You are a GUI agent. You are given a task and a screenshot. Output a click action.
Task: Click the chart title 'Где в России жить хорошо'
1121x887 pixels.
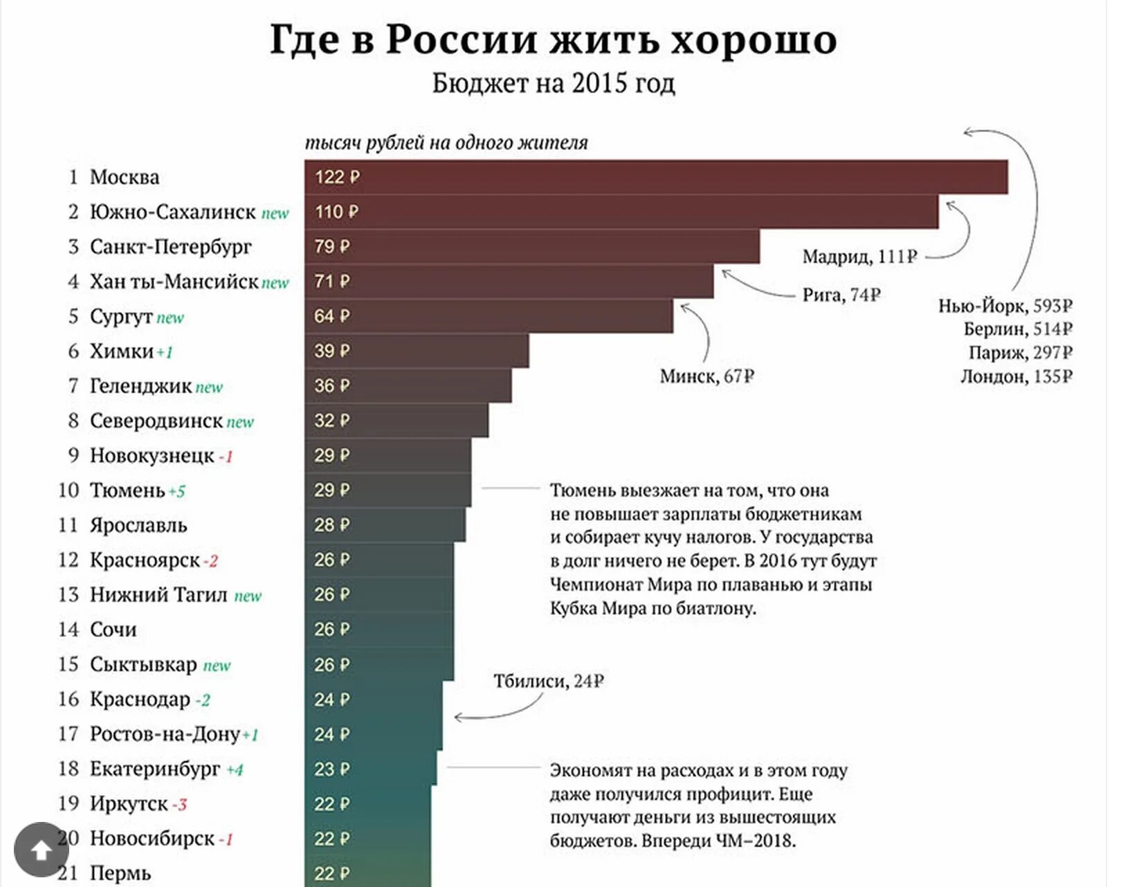(x=553, y=39)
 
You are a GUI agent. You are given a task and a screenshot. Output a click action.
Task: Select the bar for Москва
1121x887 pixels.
(x=655, y=177)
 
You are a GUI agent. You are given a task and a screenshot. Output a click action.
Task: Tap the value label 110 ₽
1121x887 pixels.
(x=336, y=212)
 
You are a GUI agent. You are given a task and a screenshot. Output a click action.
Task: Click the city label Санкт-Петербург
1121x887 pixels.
(x=170, y=247)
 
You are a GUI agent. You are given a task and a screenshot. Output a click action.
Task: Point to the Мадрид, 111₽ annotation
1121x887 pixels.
(x=859, y=257)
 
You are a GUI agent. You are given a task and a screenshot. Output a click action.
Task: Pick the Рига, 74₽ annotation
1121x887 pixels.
(x=841, y=295)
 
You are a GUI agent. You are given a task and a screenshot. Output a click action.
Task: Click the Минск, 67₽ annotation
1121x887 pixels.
(x=707, y=376)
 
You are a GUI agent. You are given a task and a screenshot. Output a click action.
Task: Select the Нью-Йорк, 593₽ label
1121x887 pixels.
(x=1005, y=305)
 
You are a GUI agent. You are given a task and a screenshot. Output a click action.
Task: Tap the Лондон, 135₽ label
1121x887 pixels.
(x=1016, y=376)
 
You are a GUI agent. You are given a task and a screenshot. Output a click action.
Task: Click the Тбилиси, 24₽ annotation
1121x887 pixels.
(x=549, y=682)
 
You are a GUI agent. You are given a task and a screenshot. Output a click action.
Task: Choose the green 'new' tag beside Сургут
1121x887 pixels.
(x=170, y=318)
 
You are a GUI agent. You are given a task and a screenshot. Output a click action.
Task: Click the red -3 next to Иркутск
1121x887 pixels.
(x=179, y=805)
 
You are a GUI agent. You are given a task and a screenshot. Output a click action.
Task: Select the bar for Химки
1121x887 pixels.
(x=417, y=351)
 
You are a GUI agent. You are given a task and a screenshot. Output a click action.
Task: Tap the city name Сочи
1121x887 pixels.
(x=113, y=630)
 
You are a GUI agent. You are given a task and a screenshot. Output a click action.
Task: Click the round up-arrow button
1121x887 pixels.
(x=41, y=850)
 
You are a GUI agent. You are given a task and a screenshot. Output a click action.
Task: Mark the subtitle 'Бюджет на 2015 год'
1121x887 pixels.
(x=553, y=84)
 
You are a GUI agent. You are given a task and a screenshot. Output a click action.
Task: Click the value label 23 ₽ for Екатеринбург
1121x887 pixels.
(x=331, y=769)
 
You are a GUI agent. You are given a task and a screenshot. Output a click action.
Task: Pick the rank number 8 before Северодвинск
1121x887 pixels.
(x=73, y=421)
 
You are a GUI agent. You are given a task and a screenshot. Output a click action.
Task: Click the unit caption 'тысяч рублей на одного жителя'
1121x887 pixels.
(x=446, y=143)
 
